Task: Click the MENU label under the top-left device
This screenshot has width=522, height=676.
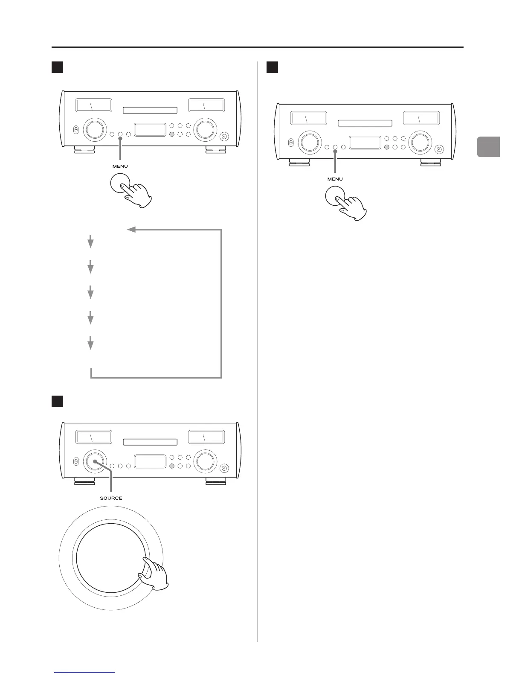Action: [x=120, y=166]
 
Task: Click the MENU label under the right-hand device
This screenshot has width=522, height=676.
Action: [x=335, y=179]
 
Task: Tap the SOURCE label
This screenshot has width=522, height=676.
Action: [x=111, y=498]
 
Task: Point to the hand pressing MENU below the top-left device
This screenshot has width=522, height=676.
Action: [x=138, y=194]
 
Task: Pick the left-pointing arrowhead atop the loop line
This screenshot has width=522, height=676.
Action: [x=131, y=230]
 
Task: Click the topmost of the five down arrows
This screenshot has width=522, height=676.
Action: [x=90, y=242]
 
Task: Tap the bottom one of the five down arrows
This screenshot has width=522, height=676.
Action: [x=90, y=343]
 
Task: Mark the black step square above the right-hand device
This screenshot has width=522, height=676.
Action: [x=272, y=67]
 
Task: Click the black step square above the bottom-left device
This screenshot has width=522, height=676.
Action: [x=57, y=401]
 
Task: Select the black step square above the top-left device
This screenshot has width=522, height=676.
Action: [x=57, y=67]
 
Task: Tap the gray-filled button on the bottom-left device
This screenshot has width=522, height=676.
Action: [x=171, y=466]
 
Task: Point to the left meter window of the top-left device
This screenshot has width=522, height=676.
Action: [x=93, y=105]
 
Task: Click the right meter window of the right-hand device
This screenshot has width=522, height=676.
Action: [x=421, y=118]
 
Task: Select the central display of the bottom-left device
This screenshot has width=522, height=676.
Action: [x=150, y=461]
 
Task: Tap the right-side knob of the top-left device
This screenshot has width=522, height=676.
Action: [x=204, y=130]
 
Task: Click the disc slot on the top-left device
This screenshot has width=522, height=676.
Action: [x=150, y=111]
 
